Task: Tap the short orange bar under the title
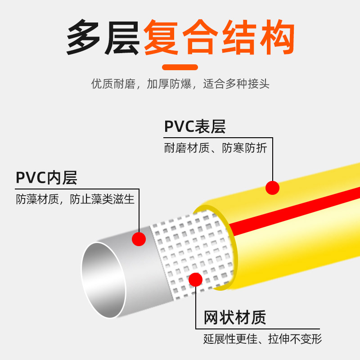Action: click(180, 67)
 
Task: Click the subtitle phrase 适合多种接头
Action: click(236, 84)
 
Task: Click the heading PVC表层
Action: click(195, 127)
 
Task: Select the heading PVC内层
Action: click(47, 178)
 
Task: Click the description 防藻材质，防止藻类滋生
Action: click(75, 199)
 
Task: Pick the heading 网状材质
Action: click(235, 318)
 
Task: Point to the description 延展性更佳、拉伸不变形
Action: click(262, 338)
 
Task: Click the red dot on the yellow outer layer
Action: click(272, 187)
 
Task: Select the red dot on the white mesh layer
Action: click(195, 279)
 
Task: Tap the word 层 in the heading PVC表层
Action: click(218, 127)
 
